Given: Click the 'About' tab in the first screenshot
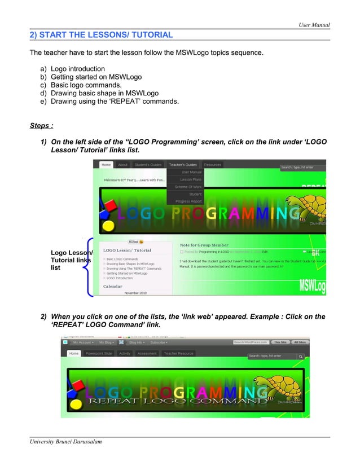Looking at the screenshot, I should (x=122, y=165).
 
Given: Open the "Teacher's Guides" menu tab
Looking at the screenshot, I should (x=183, y=165).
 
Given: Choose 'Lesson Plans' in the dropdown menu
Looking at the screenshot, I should (x=191, y=179).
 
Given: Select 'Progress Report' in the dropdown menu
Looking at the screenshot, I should (x=188, y=201).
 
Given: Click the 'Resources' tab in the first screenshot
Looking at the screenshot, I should (x=213, y=165).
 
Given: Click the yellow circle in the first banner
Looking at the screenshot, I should (x=108, y=227).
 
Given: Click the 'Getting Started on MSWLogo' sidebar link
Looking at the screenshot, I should (x=127, y=273).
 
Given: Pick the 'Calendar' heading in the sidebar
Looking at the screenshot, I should (x=113, y=286).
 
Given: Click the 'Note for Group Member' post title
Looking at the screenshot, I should (x=204, y=245).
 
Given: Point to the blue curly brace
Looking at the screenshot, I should (x=87, y=267).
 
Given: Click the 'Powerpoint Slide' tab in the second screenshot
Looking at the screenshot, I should (x=99, y=353).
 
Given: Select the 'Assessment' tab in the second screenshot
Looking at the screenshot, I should (x=147, y=353).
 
